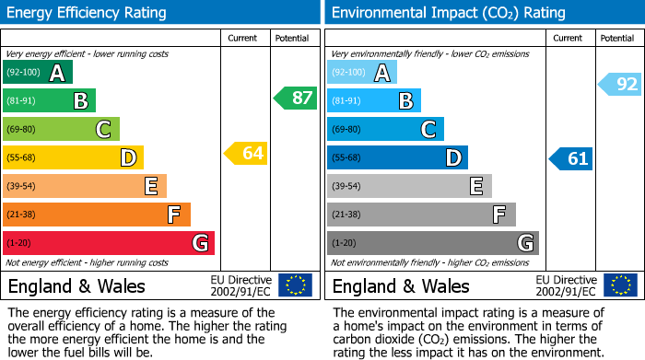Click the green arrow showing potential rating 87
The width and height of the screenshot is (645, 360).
tap(295, 98)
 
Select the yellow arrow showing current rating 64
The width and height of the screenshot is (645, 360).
tap(246, 153)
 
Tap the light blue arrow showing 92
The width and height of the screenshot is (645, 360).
tap(620, 85)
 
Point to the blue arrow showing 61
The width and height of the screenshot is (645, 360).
tap(570, 158)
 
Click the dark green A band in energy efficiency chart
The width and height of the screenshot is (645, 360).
tap(38, 73)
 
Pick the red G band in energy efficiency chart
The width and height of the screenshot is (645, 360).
tap(109, 243)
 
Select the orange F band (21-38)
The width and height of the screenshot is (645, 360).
tap(97, 215)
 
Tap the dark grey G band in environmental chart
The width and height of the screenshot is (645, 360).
tap(433, 243)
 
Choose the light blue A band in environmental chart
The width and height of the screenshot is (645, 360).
tap(362, 73)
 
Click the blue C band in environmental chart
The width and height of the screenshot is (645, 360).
tap(385, 129)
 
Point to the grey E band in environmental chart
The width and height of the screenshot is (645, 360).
tap(409, 186)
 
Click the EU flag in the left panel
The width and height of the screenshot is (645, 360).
tap(295, 285)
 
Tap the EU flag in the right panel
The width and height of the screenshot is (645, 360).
tap(620, 285)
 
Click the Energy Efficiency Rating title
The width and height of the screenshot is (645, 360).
tap(88, 13)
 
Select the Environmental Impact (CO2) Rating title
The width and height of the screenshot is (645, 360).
tap(448, 13)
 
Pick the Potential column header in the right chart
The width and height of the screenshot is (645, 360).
tap(617, 38)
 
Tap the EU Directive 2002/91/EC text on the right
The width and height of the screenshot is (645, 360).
tap(566, 285)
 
